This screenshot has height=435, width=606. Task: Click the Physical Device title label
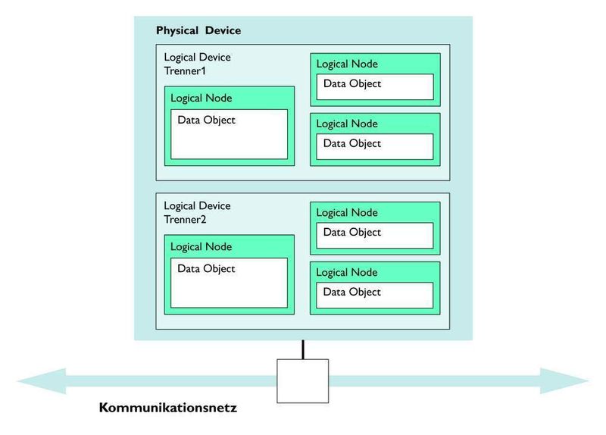[x=198, y=31]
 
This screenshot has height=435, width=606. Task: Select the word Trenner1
[x=185, y=70]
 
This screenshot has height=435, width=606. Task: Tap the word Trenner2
[x=185, y=219]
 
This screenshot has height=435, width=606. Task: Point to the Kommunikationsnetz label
[x=167, y=408]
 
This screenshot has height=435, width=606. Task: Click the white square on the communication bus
[x=302, y=380]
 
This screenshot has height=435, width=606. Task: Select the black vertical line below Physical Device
[x=303, y=349]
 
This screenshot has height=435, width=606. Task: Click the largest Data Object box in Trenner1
[x=229, y=134]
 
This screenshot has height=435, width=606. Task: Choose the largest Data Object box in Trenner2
[x=229, y=283]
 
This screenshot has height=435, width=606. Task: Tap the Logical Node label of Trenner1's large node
[x=201, y=98]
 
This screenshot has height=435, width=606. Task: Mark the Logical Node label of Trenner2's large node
[x=201, y=246]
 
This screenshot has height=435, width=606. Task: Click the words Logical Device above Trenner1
[x=198, y=58]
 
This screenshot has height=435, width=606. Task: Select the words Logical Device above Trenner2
[x=198, y=206]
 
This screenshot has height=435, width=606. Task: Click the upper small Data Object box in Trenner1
[x=375, y=86]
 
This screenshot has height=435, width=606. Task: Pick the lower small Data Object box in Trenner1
[x=375, y=146]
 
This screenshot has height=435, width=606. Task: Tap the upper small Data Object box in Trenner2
[x=375, y=235]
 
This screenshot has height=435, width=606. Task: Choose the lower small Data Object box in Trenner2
[x=375, y=295]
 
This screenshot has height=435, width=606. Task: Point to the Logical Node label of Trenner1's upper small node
[x=347, y=64]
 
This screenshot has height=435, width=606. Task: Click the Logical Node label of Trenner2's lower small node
[x=347, y=272]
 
